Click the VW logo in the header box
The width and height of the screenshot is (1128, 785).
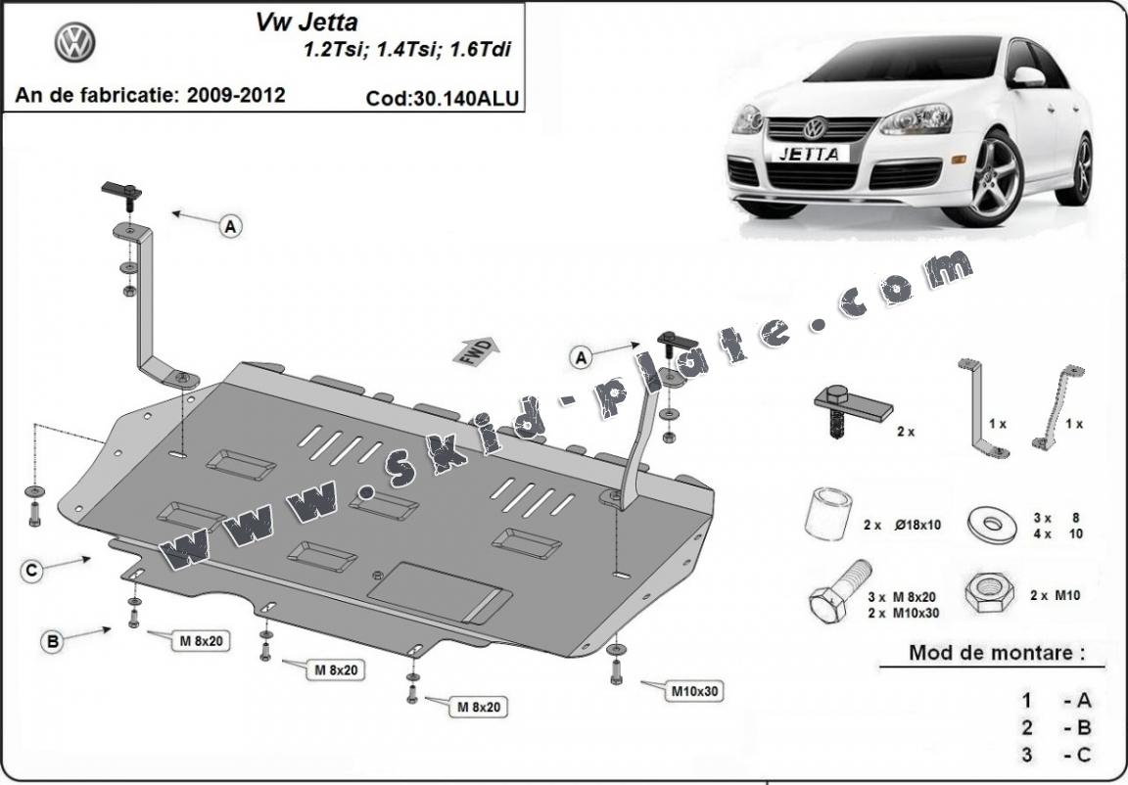coord(73,44)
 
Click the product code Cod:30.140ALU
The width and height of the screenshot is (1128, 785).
coord(442,98)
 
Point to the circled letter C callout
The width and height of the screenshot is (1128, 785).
coord(33,571)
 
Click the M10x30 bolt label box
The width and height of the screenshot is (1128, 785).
coord(694,691)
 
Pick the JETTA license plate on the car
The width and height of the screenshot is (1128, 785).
coord(808,154)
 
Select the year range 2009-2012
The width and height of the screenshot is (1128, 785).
coord(237,95)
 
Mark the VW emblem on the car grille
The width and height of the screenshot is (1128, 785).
coord(815,128)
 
